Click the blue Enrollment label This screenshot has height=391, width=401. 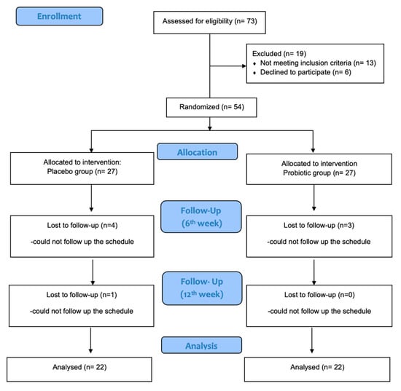pos(59,16)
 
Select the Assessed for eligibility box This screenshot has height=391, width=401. pos(209,23)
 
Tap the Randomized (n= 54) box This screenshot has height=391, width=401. pos(211,108)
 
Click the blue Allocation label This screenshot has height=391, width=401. pos(197,151)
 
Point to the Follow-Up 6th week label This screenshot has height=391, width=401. pos(201,216)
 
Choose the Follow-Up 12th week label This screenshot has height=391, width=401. pos(202,288)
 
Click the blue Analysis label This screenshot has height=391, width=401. pos(201,345)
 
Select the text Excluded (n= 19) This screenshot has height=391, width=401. pos(279,54)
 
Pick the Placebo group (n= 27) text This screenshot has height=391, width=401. pos(82,171)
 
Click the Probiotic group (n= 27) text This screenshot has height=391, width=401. pos(319,173)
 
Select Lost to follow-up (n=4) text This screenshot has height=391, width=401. pos(82,226)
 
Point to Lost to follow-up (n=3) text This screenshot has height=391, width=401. pos(319,226)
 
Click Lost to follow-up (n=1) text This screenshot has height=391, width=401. pos(82,295)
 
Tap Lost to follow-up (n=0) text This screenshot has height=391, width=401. pos(319,295)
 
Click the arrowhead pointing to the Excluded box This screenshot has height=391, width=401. pos(244,66)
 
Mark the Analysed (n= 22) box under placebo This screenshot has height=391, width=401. pos(79,369)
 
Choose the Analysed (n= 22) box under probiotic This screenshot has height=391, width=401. pos(317,369)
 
